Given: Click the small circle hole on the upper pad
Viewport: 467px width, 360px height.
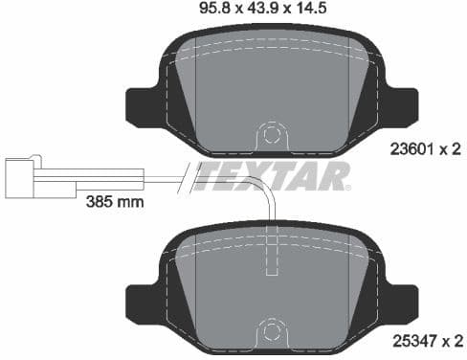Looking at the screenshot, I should coord(273,130).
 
